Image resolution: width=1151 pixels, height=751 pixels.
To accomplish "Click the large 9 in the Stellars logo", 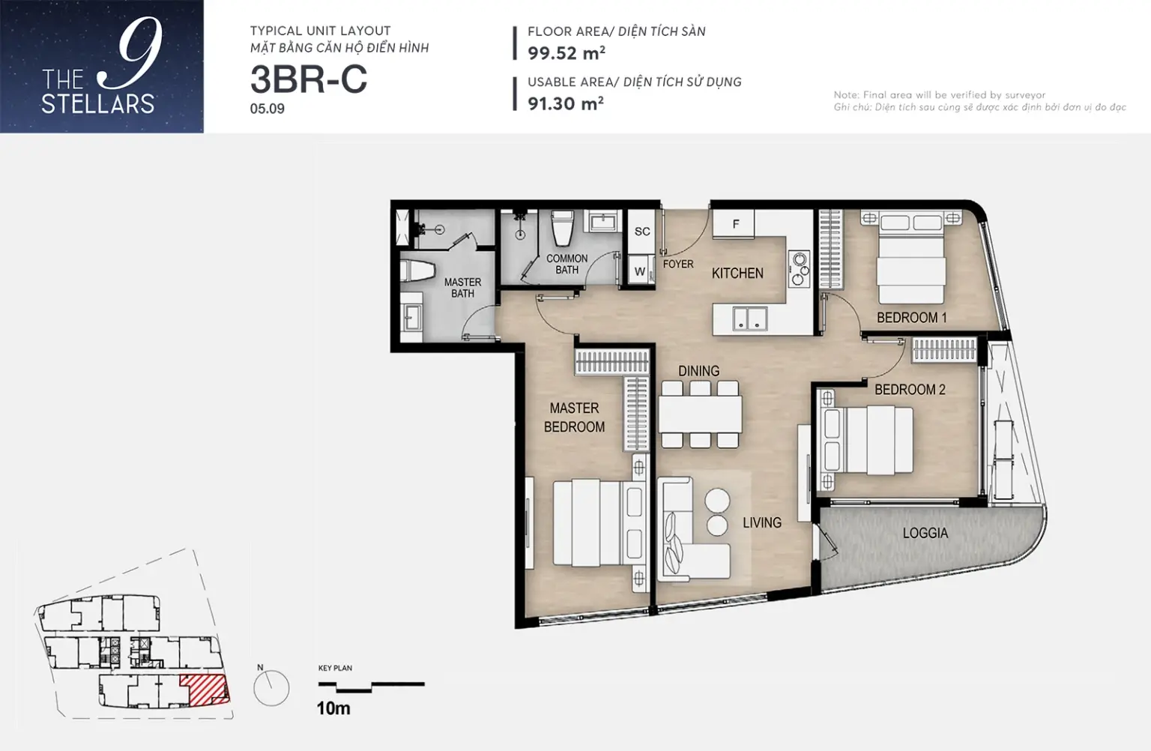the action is pos(138,52).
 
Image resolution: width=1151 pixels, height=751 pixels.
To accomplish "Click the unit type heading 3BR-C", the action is pos(309,79).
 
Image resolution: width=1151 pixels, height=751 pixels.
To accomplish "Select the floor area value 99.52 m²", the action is pos(567,53).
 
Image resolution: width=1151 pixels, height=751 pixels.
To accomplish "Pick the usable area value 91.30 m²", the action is pos(566,103).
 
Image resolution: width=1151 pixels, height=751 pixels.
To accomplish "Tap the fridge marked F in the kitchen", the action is pos(734,224).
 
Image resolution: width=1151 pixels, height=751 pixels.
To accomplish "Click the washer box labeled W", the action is pos(640,270).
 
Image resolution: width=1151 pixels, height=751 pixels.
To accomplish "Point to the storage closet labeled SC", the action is pos(641,232).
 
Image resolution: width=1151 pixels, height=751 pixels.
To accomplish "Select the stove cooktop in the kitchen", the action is pos(799,268).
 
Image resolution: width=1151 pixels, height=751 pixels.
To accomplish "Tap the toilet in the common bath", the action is pos(563,228).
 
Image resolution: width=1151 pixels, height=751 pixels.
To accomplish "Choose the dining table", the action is pos(700,414).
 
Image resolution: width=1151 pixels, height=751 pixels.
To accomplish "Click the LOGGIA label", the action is pos(925,533).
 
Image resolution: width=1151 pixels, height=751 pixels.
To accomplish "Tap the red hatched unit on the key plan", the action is pos(204,689).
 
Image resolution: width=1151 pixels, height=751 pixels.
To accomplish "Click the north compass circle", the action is pos(271,688).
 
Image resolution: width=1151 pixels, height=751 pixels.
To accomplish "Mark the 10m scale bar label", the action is pos(333,708).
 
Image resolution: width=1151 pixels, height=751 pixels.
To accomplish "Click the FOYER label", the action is pos(677,264).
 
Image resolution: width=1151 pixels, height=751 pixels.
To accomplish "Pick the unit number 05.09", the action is pos(268,109).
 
